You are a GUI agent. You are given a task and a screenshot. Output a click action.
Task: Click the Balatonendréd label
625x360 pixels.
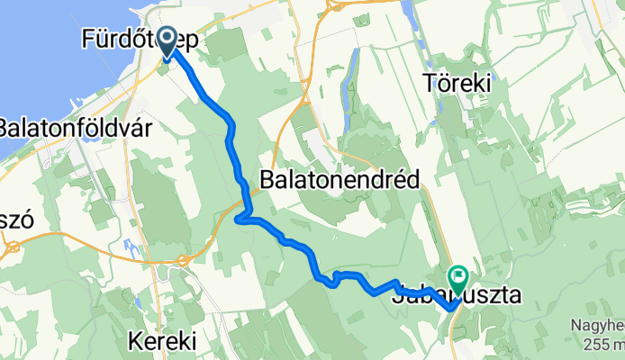point(340,180)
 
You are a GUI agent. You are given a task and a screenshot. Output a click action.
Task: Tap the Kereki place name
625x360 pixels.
point(162,342)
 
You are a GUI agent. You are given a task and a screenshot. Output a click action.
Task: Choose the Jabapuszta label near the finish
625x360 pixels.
point(457,295)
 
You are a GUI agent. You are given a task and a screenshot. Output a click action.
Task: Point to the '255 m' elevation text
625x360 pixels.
point(608,342)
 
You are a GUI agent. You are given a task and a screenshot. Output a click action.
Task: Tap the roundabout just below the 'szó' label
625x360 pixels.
point(12,244)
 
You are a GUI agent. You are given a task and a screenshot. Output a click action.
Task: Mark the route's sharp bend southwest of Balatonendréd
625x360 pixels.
point(240,218)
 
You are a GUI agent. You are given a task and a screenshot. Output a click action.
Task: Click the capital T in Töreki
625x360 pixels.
point(430,84)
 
